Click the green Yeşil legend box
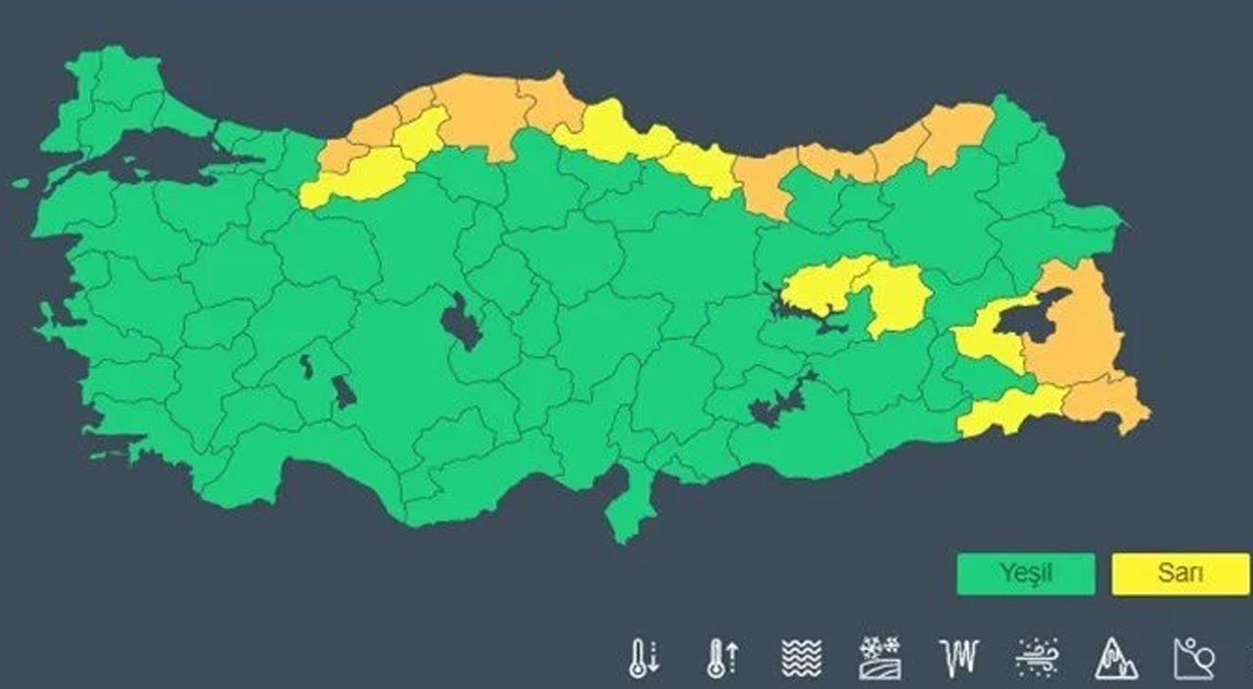click(x=1025, y=574)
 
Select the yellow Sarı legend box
click(x=1181, y=574)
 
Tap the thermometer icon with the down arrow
click(x=643, y=659)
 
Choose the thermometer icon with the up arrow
click(x=722, y=659)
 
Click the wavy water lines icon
click(x=802, y=659)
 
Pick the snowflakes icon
click(x=878, y=659)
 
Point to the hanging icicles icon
click(x=957, y=659)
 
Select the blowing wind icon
click(x=1037, y=659)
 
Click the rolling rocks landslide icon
click(x=1193, y=659)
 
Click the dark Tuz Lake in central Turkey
click(x=460, y=323)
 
